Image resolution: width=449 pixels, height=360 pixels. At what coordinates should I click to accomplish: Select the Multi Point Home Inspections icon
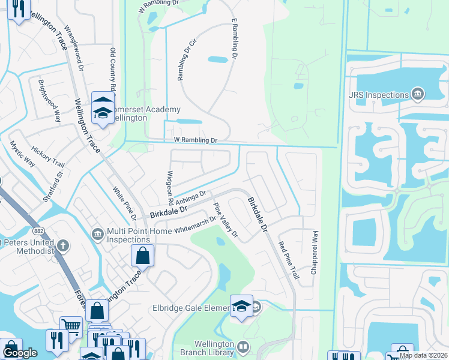[x=97, y=233]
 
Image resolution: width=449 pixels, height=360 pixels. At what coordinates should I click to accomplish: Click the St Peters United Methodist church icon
[x=62, y=245]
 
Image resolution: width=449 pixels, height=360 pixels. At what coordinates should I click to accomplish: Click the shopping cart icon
[x=71, y=326]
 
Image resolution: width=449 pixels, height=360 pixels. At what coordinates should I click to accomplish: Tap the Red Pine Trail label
[x=288, y=259]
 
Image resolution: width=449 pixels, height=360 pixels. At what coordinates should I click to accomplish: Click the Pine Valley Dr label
[x=226, y=220]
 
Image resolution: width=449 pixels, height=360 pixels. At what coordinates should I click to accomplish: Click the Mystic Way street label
[x=22, y=154]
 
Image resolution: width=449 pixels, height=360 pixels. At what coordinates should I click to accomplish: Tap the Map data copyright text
[x=423, y=355]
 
